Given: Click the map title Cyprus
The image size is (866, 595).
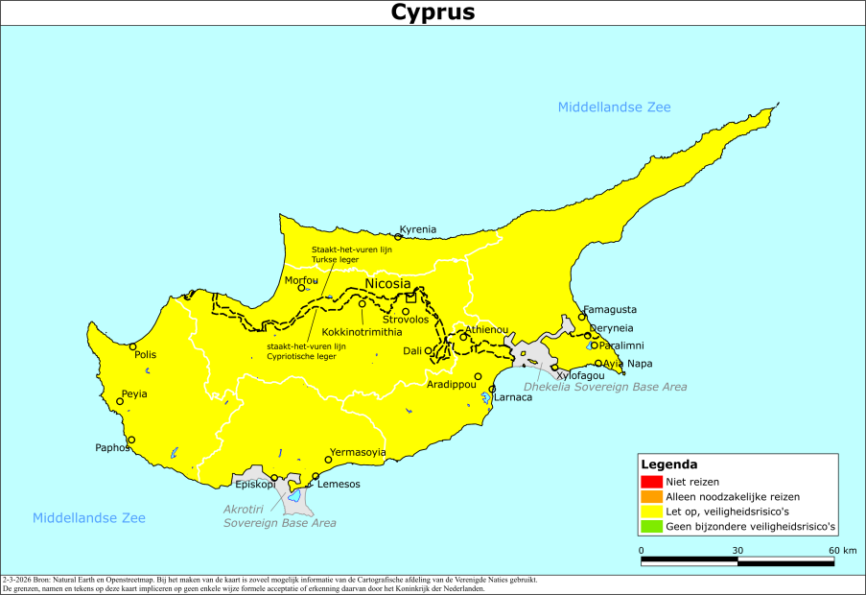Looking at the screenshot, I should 433,12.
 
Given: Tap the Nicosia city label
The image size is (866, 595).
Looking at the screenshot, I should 388,284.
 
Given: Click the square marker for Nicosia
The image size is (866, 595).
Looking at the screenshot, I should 410,297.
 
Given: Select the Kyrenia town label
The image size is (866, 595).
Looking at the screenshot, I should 417,229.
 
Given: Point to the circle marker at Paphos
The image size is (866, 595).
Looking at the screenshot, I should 131,440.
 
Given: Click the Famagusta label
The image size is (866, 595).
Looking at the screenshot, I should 610,310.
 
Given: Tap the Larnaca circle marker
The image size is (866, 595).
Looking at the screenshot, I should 492,390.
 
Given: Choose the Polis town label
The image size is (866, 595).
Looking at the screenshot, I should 145,354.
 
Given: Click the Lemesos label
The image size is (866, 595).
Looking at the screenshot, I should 339,484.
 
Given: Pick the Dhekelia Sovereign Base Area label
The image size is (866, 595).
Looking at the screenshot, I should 605,387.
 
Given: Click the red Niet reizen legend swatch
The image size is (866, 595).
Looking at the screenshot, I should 652,481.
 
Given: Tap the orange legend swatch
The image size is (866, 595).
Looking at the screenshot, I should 652,496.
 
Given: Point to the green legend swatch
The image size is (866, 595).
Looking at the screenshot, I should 652,526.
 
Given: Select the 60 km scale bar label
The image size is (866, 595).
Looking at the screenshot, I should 842,550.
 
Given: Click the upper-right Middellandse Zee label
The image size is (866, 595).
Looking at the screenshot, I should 615,107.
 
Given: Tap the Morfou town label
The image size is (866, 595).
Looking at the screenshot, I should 301,280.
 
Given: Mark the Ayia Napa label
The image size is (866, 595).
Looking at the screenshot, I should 627,363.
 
